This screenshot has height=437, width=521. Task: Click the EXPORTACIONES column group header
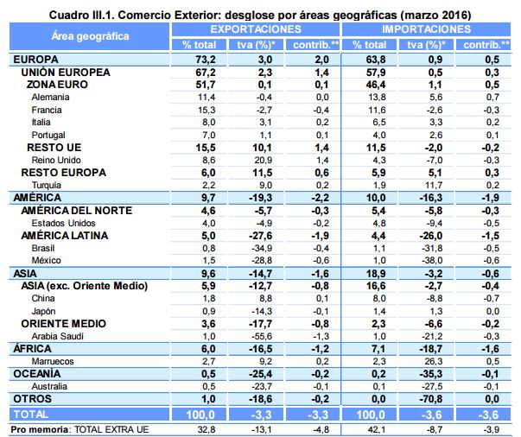coord(261,28)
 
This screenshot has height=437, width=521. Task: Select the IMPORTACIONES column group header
coord(429,28)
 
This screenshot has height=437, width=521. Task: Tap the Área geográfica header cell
coord(91,36)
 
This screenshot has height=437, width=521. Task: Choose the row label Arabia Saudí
coord(57,335)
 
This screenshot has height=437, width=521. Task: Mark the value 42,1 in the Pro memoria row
coord(372,428)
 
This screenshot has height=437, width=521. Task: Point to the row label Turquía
coord(47,185)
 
